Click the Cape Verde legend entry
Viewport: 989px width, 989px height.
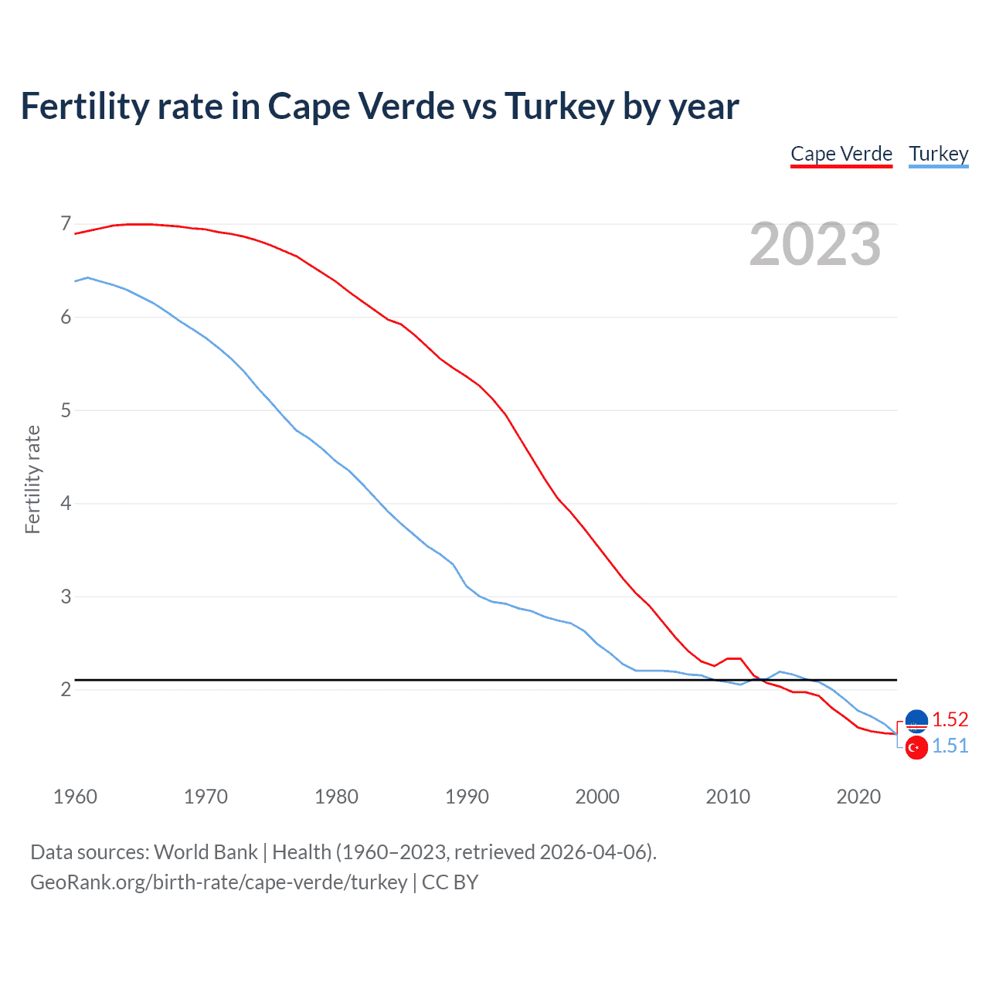tap(841, 154)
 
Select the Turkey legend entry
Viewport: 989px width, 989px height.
tap(938, 154)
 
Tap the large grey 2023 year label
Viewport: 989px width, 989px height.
tap(814, 244)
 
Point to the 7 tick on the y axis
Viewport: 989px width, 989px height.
tap(66, 224)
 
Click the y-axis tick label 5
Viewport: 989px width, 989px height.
tap(66, 410)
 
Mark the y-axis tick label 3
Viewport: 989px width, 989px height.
tap(66, 596)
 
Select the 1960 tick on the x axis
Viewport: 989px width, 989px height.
tap(75, 797)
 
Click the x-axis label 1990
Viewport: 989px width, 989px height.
tap(467, 797)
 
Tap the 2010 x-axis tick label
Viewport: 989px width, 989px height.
tap(728, 797)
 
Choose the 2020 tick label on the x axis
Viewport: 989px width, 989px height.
tap(858, 797)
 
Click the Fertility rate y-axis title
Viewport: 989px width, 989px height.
tap(32, 479)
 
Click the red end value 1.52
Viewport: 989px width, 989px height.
tap(950, 719)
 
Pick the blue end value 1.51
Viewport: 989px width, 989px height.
tap(950, 746)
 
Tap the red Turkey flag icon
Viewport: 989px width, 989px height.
tap(916, 748)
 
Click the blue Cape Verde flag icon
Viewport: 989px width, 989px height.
tap(916, 720)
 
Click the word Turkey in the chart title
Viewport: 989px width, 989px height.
tap(559, 106)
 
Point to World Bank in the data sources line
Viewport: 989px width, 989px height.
tap(206, 851)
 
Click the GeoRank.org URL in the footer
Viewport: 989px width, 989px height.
tap(219, 882)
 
